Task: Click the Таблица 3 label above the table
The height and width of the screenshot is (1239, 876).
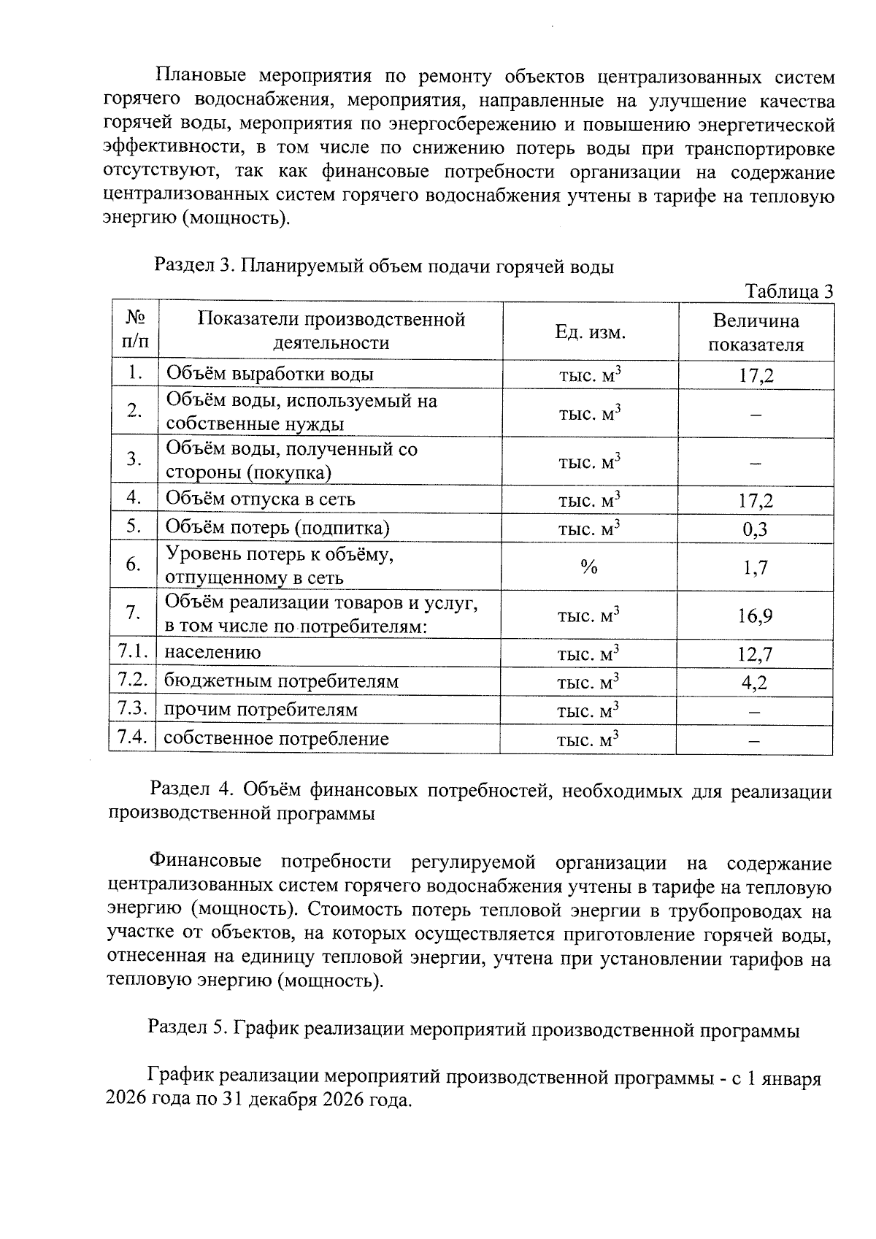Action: click(788, 291)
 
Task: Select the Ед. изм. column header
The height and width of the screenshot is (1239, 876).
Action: click(590, 332)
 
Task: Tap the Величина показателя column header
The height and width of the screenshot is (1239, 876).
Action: click(756, 333)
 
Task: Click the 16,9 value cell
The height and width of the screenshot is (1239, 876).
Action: click(755, 616)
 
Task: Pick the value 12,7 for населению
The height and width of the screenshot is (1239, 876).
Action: click(755, 654)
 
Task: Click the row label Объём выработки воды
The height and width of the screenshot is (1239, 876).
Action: click(270, 375)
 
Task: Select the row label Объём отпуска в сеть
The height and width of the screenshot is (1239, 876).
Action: click(261, 499)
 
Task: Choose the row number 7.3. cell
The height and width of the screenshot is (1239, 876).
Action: click(133, 709)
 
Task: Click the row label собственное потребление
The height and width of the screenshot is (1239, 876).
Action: click(276, 739)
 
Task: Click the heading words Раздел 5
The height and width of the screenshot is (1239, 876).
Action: click(188, 1029)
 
